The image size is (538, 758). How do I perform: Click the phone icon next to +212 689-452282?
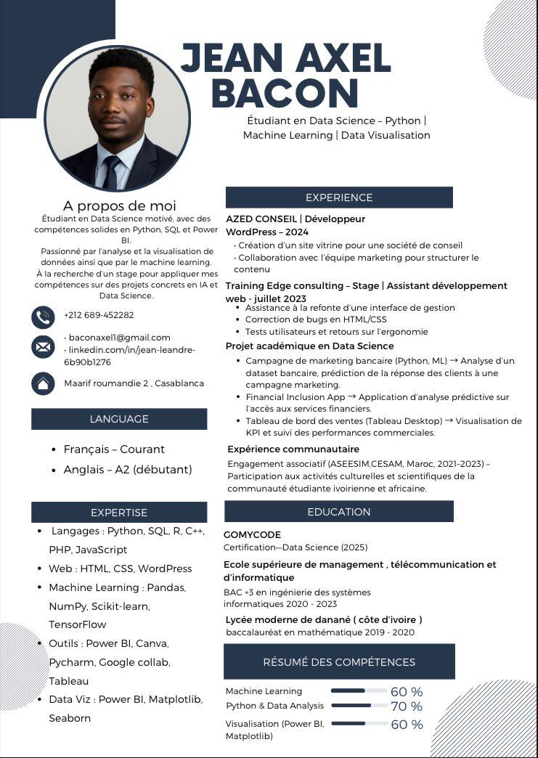pos(43,317)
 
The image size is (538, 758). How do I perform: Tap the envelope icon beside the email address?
pos(43,346)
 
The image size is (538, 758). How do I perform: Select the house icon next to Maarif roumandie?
pos(43,383)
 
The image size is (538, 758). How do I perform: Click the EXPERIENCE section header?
pos(338,197)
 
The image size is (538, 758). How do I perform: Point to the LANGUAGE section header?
pos(119,419)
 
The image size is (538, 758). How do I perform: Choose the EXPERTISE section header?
pos(119,513)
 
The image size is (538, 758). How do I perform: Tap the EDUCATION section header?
pos(338,511)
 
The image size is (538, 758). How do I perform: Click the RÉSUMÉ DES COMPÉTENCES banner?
pos(339,662)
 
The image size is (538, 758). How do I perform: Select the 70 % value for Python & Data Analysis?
pos(407,706)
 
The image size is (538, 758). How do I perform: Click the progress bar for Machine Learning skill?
pos(359,690)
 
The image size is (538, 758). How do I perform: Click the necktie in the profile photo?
pos(112,173)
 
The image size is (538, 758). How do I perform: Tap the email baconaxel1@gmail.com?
pos(119,338)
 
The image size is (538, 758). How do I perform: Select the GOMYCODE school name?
pos(252,534)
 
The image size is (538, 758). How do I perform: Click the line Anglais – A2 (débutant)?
pos(128,470)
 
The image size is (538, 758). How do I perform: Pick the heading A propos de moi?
pos(119,206)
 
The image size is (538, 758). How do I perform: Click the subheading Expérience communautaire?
pos(293,449)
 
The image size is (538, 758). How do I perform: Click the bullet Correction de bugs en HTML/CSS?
pos(316,319)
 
